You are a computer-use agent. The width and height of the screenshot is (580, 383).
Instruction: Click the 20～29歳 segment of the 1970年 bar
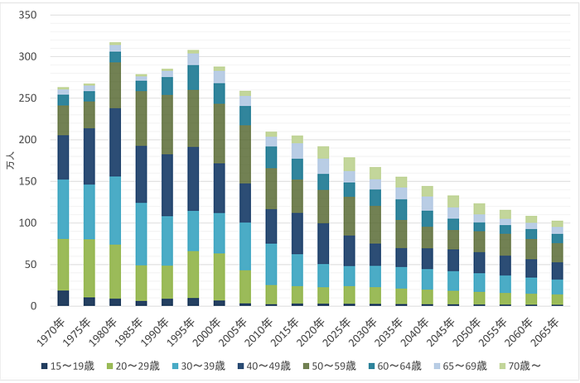coord(63,265)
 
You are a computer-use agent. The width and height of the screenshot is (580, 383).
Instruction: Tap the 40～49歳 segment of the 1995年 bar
coord(193,179)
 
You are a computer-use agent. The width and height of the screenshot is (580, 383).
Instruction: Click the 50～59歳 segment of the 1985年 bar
coord(141,117)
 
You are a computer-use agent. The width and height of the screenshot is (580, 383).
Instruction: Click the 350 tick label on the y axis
coord(27,16)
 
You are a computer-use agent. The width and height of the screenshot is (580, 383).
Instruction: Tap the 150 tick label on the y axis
coord(27,181)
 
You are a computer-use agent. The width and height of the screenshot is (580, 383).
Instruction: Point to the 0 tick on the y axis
coord(34,306)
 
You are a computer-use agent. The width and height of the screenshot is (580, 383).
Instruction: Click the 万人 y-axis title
coord(10,161)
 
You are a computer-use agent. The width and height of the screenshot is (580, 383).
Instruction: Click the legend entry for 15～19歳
coord(66,365)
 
